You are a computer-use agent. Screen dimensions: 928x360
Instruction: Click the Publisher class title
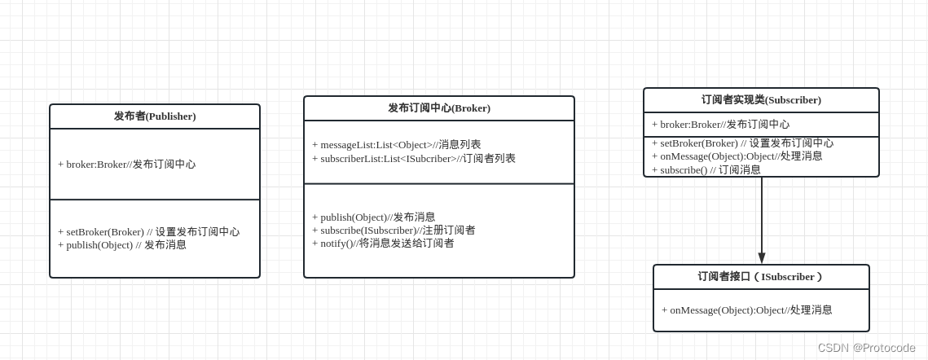coord(155,116)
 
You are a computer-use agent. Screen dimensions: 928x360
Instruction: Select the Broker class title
coord(438,108)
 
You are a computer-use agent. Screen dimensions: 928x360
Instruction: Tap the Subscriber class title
coord(761,100)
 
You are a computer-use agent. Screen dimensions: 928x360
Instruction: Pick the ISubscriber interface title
coord(761,277)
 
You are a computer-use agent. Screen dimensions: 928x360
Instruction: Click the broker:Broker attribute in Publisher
coord(126,165)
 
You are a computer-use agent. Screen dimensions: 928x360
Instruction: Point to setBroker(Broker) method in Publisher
coord(148,232)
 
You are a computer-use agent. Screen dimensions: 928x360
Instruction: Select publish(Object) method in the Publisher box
coord(122,245)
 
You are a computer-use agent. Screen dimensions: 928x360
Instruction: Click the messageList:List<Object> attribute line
coord(396,145)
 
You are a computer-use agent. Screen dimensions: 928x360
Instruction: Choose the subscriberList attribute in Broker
coord(413,159)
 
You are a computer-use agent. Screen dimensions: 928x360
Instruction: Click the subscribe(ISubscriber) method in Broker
coord(394,230)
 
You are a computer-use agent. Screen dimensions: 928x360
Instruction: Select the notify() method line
coord(383,244)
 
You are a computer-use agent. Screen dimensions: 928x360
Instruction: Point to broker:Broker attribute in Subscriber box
coord(720,125)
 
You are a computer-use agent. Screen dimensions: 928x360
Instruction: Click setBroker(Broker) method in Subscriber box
coord(742,143)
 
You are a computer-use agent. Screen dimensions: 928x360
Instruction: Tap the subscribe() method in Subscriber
coord(706,170)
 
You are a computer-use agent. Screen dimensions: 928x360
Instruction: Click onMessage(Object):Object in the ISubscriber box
coord(746,310)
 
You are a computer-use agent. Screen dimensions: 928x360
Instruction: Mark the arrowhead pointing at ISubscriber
coord(762,258)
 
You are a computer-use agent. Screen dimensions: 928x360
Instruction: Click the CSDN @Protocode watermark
coord(865,348)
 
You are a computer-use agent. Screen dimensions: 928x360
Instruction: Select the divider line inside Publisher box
coord(155,200)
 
